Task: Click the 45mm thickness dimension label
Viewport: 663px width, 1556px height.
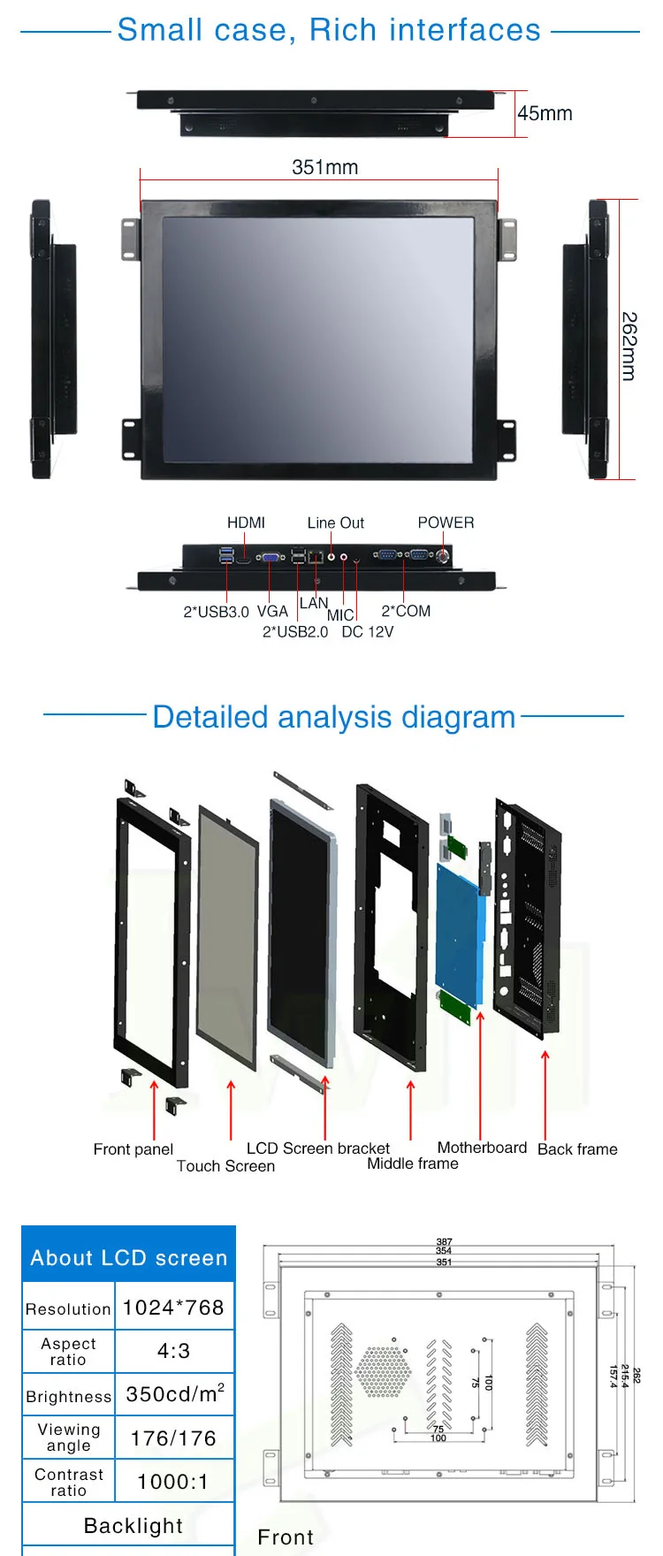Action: [545, 113]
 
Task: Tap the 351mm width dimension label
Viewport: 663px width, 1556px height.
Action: [324, 167]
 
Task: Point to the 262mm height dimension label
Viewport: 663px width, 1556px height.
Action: [629, 346]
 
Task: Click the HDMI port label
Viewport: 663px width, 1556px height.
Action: [246, 522]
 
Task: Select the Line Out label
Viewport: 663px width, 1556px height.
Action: [335, 522]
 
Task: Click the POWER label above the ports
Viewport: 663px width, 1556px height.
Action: [446, 522]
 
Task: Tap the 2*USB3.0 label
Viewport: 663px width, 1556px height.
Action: [216, 612]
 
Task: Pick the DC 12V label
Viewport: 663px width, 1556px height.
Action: [367, 632]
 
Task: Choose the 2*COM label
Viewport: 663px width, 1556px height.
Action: [406, 611]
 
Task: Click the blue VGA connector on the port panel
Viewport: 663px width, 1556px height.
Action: [271, 557]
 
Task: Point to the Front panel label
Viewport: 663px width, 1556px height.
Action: [133, 1149]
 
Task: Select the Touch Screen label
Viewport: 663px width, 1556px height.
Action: [225, 1166]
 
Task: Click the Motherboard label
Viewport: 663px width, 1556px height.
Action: [482, 1148]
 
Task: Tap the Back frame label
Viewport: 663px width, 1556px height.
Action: [577, 1149]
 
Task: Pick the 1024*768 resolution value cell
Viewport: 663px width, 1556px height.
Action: [173, 1308]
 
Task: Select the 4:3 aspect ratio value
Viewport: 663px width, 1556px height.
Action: [173, 1351]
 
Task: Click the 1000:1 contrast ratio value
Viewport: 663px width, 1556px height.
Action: [173, 1482]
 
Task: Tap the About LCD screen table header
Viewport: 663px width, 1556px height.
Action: [129, 1257]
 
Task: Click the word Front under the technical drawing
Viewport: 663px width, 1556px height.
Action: [286, 1537]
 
